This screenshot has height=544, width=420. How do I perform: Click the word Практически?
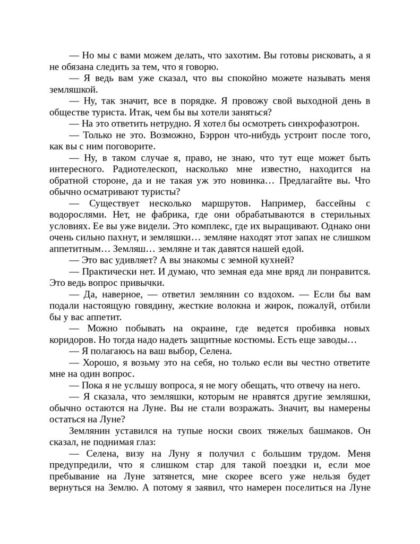[108, 271]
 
